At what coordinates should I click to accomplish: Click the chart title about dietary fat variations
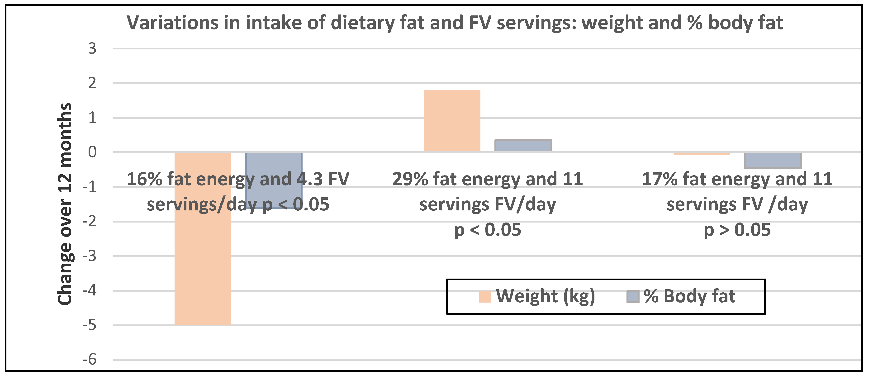click(455, 23)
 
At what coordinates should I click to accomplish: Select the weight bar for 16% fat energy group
click(202, 264)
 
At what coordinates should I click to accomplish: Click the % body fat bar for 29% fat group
click(523, 146)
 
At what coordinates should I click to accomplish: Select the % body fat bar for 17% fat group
click(773, 161)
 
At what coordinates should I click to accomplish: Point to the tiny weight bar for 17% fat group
click(702, 154)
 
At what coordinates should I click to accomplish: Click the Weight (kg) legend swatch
click(485, 296)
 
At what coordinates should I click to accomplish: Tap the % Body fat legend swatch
click(632, 296)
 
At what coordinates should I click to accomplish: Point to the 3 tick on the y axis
click(92, 49)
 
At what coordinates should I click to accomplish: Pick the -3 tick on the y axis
click(90, 256)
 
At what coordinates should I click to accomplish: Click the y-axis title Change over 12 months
click(64, 204)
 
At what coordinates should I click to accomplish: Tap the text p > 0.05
click(737, 230)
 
